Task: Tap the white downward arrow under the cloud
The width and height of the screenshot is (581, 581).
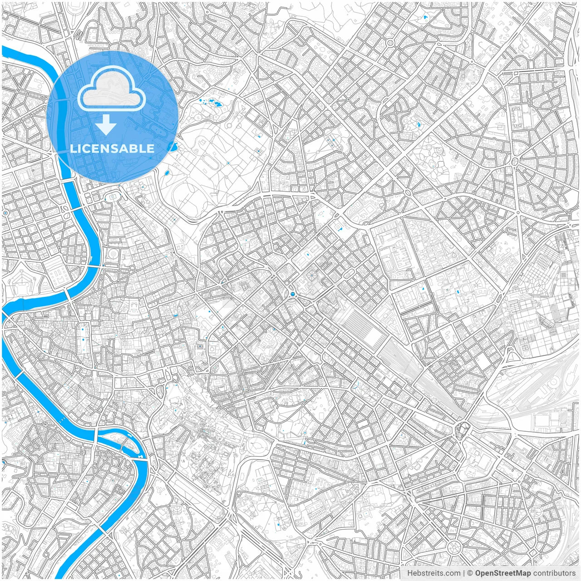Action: click(x=106, y=125)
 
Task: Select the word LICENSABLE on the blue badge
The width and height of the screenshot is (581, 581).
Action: click(x=112, y=148)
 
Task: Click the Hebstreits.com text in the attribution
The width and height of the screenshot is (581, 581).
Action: click(x=433, y=573)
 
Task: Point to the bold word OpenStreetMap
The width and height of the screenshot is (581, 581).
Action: click(x=503, y=573)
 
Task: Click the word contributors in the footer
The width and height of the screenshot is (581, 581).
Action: click(x=554, y=573)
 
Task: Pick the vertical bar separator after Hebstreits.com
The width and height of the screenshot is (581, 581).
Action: click(x=464, y=573)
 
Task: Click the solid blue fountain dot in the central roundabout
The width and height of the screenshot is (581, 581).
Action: click(x=293, y=295)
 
